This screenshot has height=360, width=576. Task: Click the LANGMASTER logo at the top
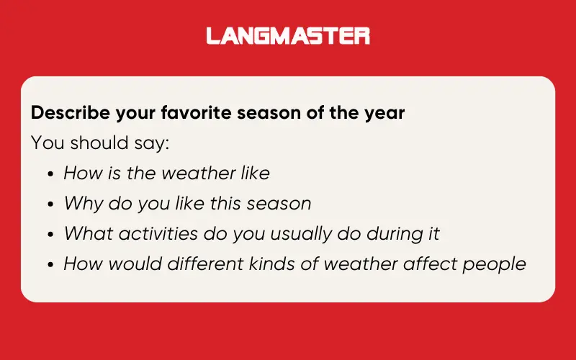pyautogui.click(x=288, y=35)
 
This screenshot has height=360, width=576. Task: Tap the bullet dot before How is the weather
pyautogui.click(x=50, y=174)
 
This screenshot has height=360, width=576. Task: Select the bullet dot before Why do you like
pyautogui.click(x=50, y=204)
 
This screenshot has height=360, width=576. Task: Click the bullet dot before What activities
pyautogui.click(x=50, y=235)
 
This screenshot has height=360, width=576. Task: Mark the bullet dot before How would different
pyautogui.click(x=50, y=265)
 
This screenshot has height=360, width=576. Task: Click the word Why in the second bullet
pyautogui.click(x=81, y=204)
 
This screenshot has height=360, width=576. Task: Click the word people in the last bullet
pyautogui.click(x=495, y=264)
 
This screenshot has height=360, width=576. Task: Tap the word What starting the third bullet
pyautogui.click(x=85, y=234)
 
